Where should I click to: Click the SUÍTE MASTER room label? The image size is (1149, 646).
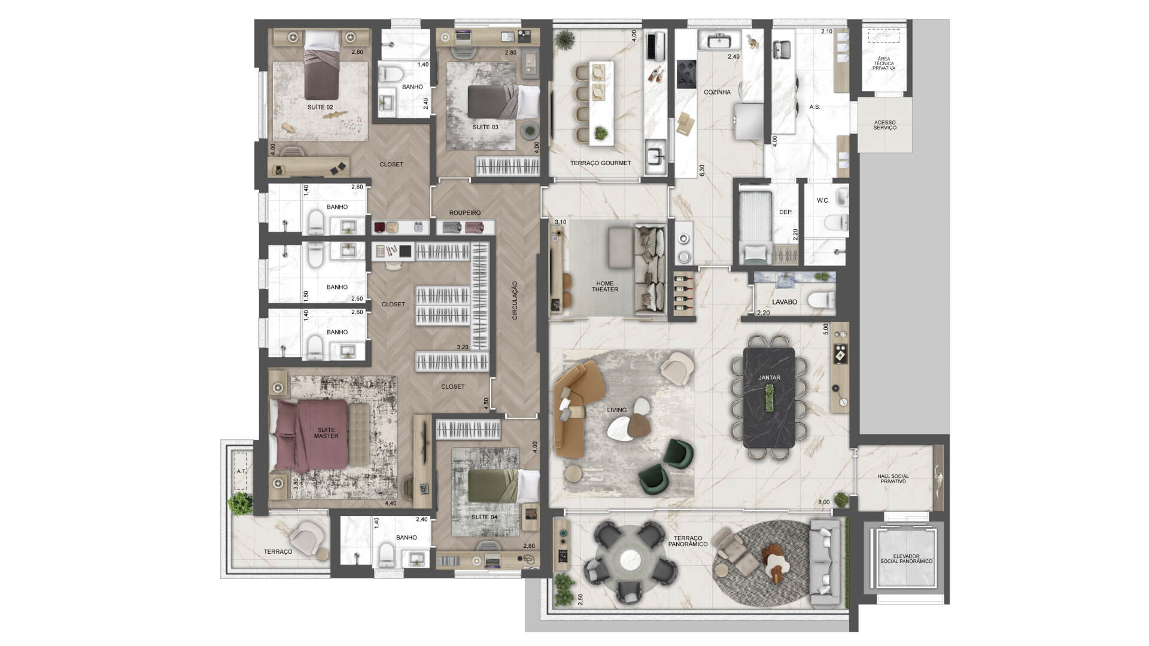(326, 433)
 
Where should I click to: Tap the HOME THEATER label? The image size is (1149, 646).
(605, 287)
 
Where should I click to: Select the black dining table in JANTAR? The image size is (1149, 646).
(769, 398)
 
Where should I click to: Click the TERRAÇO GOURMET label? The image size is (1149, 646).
(600, 163)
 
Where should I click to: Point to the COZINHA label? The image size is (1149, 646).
(717, 93)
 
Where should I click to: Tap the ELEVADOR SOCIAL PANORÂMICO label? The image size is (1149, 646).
(906, 559)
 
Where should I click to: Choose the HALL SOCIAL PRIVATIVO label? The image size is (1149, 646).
(893, 479)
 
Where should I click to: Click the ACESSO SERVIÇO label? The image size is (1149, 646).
(884, 125)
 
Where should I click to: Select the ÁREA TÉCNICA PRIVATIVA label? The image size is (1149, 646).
(884, 63)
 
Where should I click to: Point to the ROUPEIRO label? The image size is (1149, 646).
(465, 213)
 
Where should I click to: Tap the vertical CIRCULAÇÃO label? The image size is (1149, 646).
(515, 300)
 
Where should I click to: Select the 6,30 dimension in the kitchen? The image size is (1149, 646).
(702, 170)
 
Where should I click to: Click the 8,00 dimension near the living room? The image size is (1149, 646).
(824, 502)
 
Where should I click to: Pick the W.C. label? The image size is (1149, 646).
(823, 200)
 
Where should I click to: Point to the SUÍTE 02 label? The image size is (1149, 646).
(320, 108)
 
